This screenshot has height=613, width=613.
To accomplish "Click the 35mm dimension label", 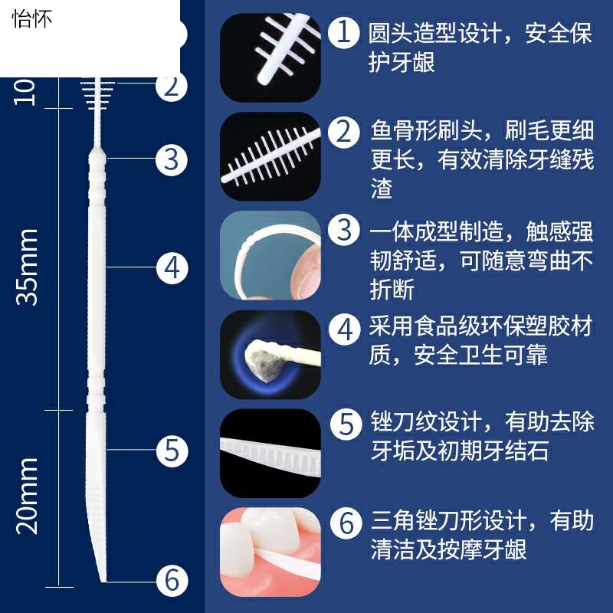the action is pyautogui.click(x=28, y=265).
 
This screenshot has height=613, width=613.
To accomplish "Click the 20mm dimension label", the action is pyautogui.click(x=28, y=496).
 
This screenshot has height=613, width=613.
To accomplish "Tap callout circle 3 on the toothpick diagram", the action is pyautogui.click(x=172, y=159).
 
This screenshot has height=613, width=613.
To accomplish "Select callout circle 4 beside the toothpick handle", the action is pyautogui.click(x=172, y=267).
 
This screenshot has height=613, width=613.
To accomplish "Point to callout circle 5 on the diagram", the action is pyautogui.click(x=172, y=449).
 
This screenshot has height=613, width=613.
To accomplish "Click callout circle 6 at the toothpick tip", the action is pyautogui.click(x=172, y=580).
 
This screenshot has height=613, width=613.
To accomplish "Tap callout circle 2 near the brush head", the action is pyautogui.click(x=172, y=85).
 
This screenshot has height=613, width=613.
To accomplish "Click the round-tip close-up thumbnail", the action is pyautogui.click(x=270, y=57).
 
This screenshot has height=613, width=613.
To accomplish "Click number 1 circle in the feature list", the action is pyautogui.click(x=345, y=33).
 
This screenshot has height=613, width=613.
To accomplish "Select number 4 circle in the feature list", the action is pyautogui.click(x=345, y=329).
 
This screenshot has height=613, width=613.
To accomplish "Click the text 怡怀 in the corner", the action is pyautogui.click(x=33, y=19).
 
